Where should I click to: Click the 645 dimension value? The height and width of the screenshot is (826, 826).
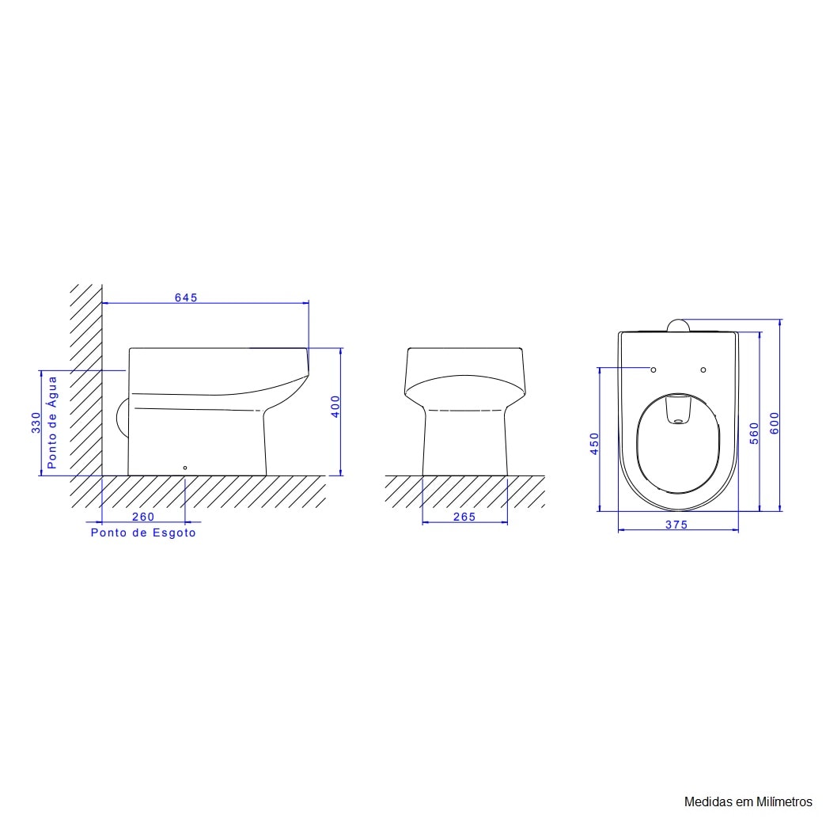click(185, 297)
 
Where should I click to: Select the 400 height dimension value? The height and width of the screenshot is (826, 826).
click(335, 407)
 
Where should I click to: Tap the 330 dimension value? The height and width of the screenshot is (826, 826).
click(36, 422)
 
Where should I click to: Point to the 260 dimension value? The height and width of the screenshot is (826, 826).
click(143, 517)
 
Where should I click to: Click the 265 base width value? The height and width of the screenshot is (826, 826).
click(464, 517)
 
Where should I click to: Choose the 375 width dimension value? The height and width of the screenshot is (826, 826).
click(676, 525)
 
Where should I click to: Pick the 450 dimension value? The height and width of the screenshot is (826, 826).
click(595, 443)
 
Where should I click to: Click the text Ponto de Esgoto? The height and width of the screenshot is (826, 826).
click(143, 533)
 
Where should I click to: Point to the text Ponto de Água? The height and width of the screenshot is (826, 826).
click(52, 422)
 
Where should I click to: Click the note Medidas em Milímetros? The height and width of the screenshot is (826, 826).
click(748, 801)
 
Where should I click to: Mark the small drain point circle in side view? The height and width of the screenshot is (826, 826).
click(185, 468)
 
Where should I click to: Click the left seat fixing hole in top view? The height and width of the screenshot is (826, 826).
click(654, 369)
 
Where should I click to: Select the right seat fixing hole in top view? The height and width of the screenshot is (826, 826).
click(703, 369)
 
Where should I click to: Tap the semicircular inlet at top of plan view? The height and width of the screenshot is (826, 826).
click(678, 325)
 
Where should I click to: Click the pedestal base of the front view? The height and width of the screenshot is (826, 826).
click(465, 443)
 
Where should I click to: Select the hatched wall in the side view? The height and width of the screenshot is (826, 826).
click(85, 380)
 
